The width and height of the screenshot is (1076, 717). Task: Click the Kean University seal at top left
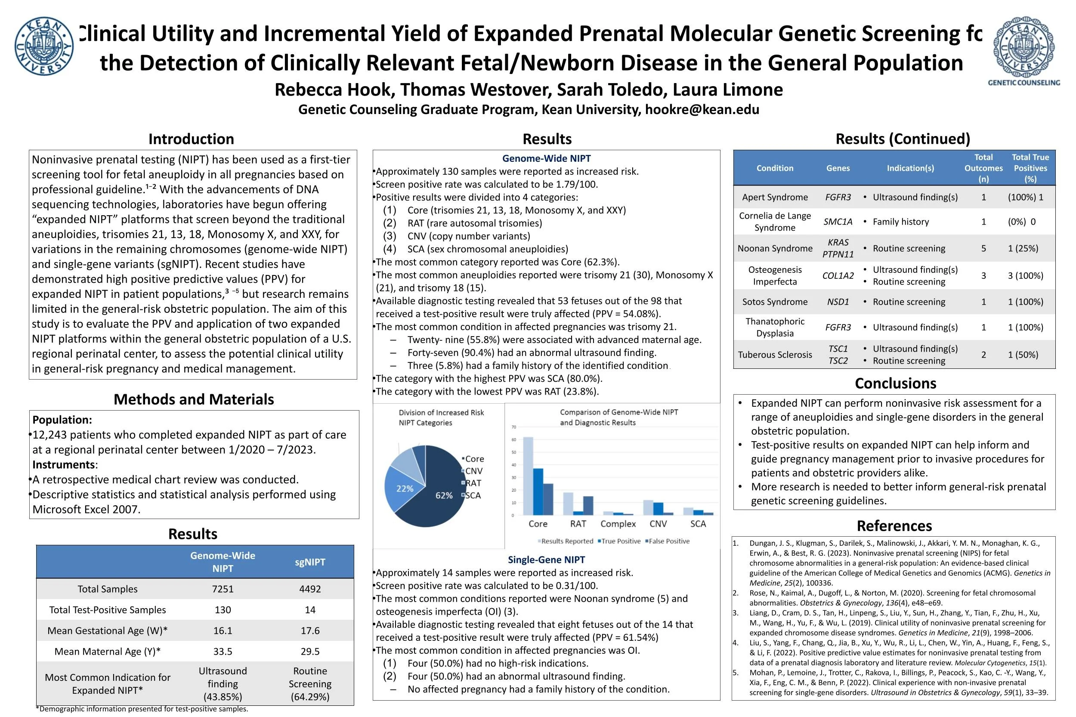(x=44, y=46)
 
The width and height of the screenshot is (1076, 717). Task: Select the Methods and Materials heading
(x=193, y=399)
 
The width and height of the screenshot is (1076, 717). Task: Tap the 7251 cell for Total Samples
(x=223, y=589)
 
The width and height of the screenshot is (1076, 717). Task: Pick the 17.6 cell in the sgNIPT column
(x=309, y=630)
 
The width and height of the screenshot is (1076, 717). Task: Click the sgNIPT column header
(x=309, y=562)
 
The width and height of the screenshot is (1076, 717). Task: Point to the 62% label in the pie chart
(x=444, y=495)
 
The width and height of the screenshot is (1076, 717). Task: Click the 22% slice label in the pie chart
(x=405, y=488)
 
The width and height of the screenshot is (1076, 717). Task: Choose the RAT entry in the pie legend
(x=473, y=483)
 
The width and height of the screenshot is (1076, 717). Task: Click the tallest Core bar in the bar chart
(x=528, y=476)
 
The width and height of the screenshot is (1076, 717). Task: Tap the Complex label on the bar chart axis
(x=618, y=524)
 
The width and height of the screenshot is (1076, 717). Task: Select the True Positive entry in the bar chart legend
(x=621, y=541)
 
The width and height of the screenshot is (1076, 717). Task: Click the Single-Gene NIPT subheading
(x=546, y=559)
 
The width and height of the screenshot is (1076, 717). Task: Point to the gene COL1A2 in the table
(x=838, y=275)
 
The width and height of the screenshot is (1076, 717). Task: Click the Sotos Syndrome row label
(x=775, y=302)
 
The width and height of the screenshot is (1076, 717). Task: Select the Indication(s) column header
(x=910, y=168)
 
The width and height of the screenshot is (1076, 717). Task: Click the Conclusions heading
(x=895, y=383)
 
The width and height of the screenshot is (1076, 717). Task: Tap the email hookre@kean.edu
(x=702, y=109)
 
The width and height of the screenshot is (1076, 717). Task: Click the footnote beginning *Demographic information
(x=142, y=709)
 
